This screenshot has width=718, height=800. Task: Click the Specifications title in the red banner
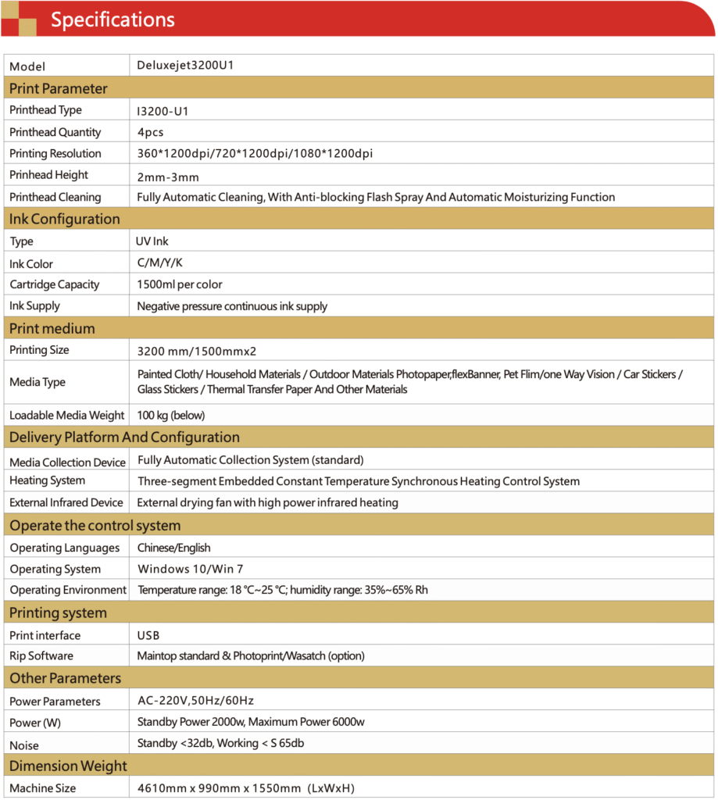pos(113,20)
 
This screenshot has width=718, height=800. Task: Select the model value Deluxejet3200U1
pos(185,66)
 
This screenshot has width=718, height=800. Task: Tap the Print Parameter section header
pos(59,88)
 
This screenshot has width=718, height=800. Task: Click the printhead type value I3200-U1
pos(163,111)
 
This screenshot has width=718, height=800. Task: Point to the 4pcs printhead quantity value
pos(150,132)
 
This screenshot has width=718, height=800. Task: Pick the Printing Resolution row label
pos(55,153)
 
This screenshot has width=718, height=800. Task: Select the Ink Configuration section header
pos(65,219)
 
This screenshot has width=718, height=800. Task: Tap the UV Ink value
pos(152,241)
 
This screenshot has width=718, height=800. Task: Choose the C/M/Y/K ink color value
pos(159,263)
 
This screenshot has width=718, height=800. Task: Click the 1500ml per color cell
pos(180,284)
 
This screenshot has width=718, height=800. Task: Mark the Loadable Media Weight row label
pos(67,415)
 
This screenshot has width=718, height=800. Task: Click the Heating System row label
pos(48,480)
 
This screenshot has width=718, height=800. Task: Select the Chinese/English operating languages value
pos(173,548)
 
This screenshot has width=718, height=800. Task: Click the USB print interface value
pos(148,635)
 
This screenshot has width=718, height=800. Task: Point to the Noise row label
pos(24,745)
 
